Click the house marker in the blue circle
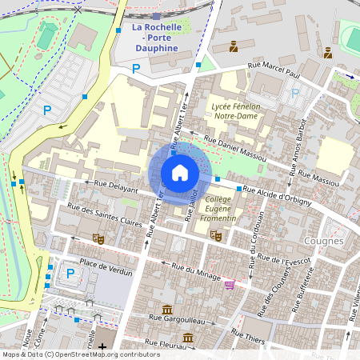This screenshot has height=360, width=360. click(x=179, y=172)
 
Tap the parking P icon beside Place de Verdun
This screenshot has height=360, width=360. click(x=70, y=274)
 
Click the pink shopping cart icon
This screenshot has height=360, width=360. click(x=230, y=284)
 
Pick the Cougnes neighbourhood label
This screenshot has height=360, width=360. click(x=323, y=240)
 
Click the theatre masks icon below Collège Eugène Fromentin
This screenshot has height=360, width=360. click(x=214, y=235)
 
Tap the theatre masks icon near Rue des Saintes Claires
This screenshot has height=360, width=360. click(x=99, y=238)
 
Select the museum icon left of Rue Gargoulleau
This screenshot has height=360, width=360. click(x=167, y=309)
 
